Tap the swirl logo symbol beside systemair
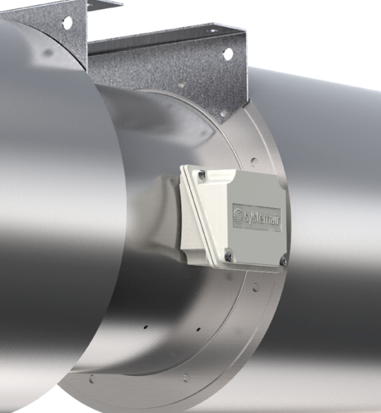pyautogui.click(x=239, y=217)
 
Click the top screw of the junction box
pyautogui.click(x=200, y=176)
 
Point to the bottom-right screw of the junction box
pyautogui.click(x=282, y=260)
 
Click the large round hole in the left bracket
pyautogui.click(x=67, y=22)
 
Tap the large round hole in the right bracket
pyautogui.click(x=227, y=54)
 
